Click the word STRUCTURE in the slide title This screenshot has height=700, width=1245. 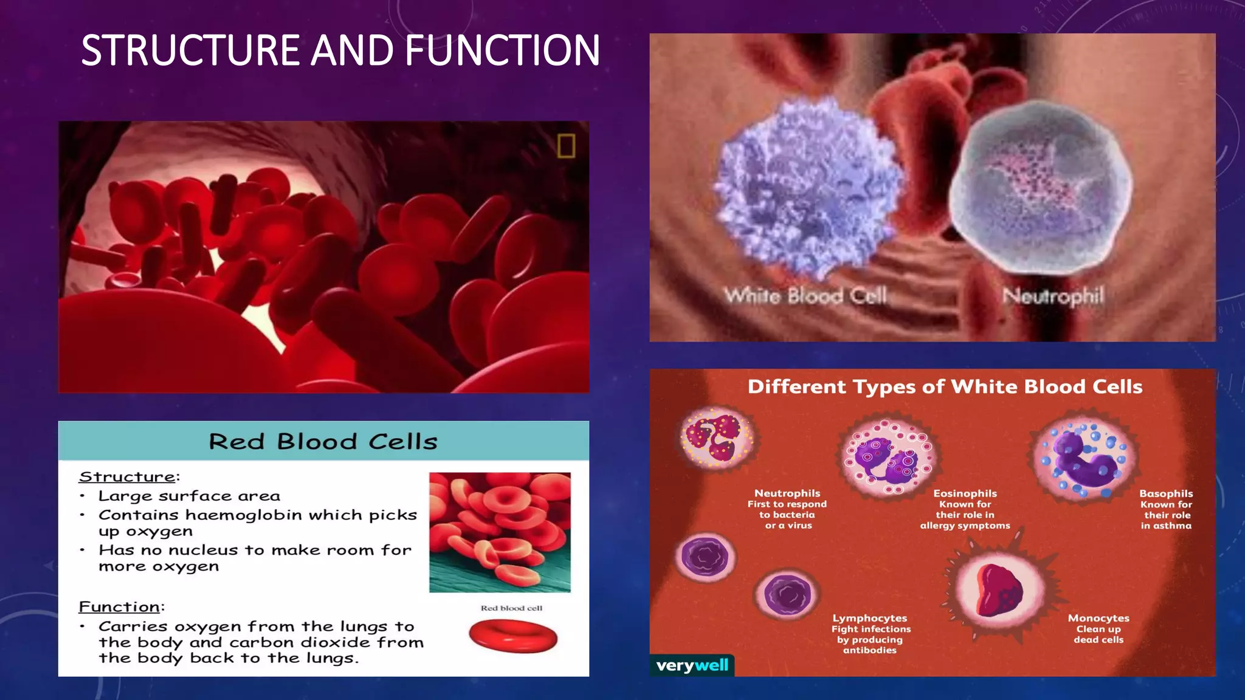(x=191, y=50)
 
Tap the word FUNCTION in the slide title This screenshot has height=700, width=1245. (x=502, y=50)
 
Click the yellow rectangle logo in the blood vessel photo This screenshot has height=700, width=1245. (x=566, y=146)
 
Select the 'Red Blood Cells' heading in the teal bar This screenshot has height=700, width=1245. (x=323, y=442)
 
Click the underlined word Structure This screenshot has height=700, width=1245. (x=128, y=477)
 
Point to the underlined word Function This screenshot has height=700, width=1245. (x=120, y=607)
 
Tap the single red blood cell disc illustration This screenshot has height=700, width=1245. (x=513, y=636)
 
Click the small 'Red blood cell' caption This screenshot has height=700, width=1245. (x=511, y=608)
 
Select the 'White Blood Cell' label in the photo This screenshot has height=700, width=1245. (x=805, y=297)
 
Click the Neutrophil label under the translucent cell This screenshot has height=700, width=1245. (x=1053, y=297)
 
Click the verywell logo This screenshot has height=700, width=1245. (x=692, y=665)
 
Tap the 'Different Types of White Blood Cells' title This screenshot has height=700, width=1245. (x=945, y=387)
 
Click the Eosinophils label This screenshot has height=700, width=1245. (x=965, y=493)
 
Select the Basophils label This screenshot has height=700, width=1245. (x=1166, y=493)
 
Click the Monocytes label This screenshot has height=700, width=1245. (x=1098, y=618)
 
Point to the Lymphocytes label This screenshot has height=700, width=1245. (x=870, y=618)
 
